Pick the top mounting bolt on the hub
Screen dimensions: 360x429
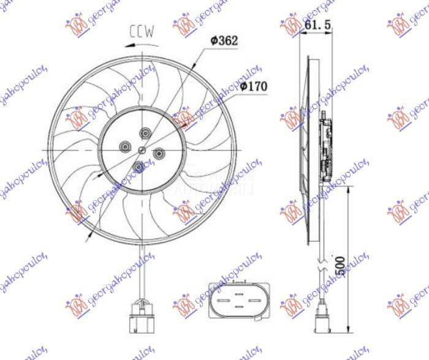145,133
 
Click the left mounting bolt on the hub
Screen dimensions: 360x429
124,146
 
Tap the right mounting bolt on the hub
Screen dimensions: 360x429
159,152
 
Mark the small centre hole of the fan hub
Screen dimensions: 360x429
142,149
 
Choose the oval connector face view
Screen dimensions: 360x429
238,300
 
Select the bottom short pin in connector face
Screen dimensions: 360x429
238,307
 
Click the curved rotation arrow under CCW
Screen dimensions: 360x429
141,43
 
